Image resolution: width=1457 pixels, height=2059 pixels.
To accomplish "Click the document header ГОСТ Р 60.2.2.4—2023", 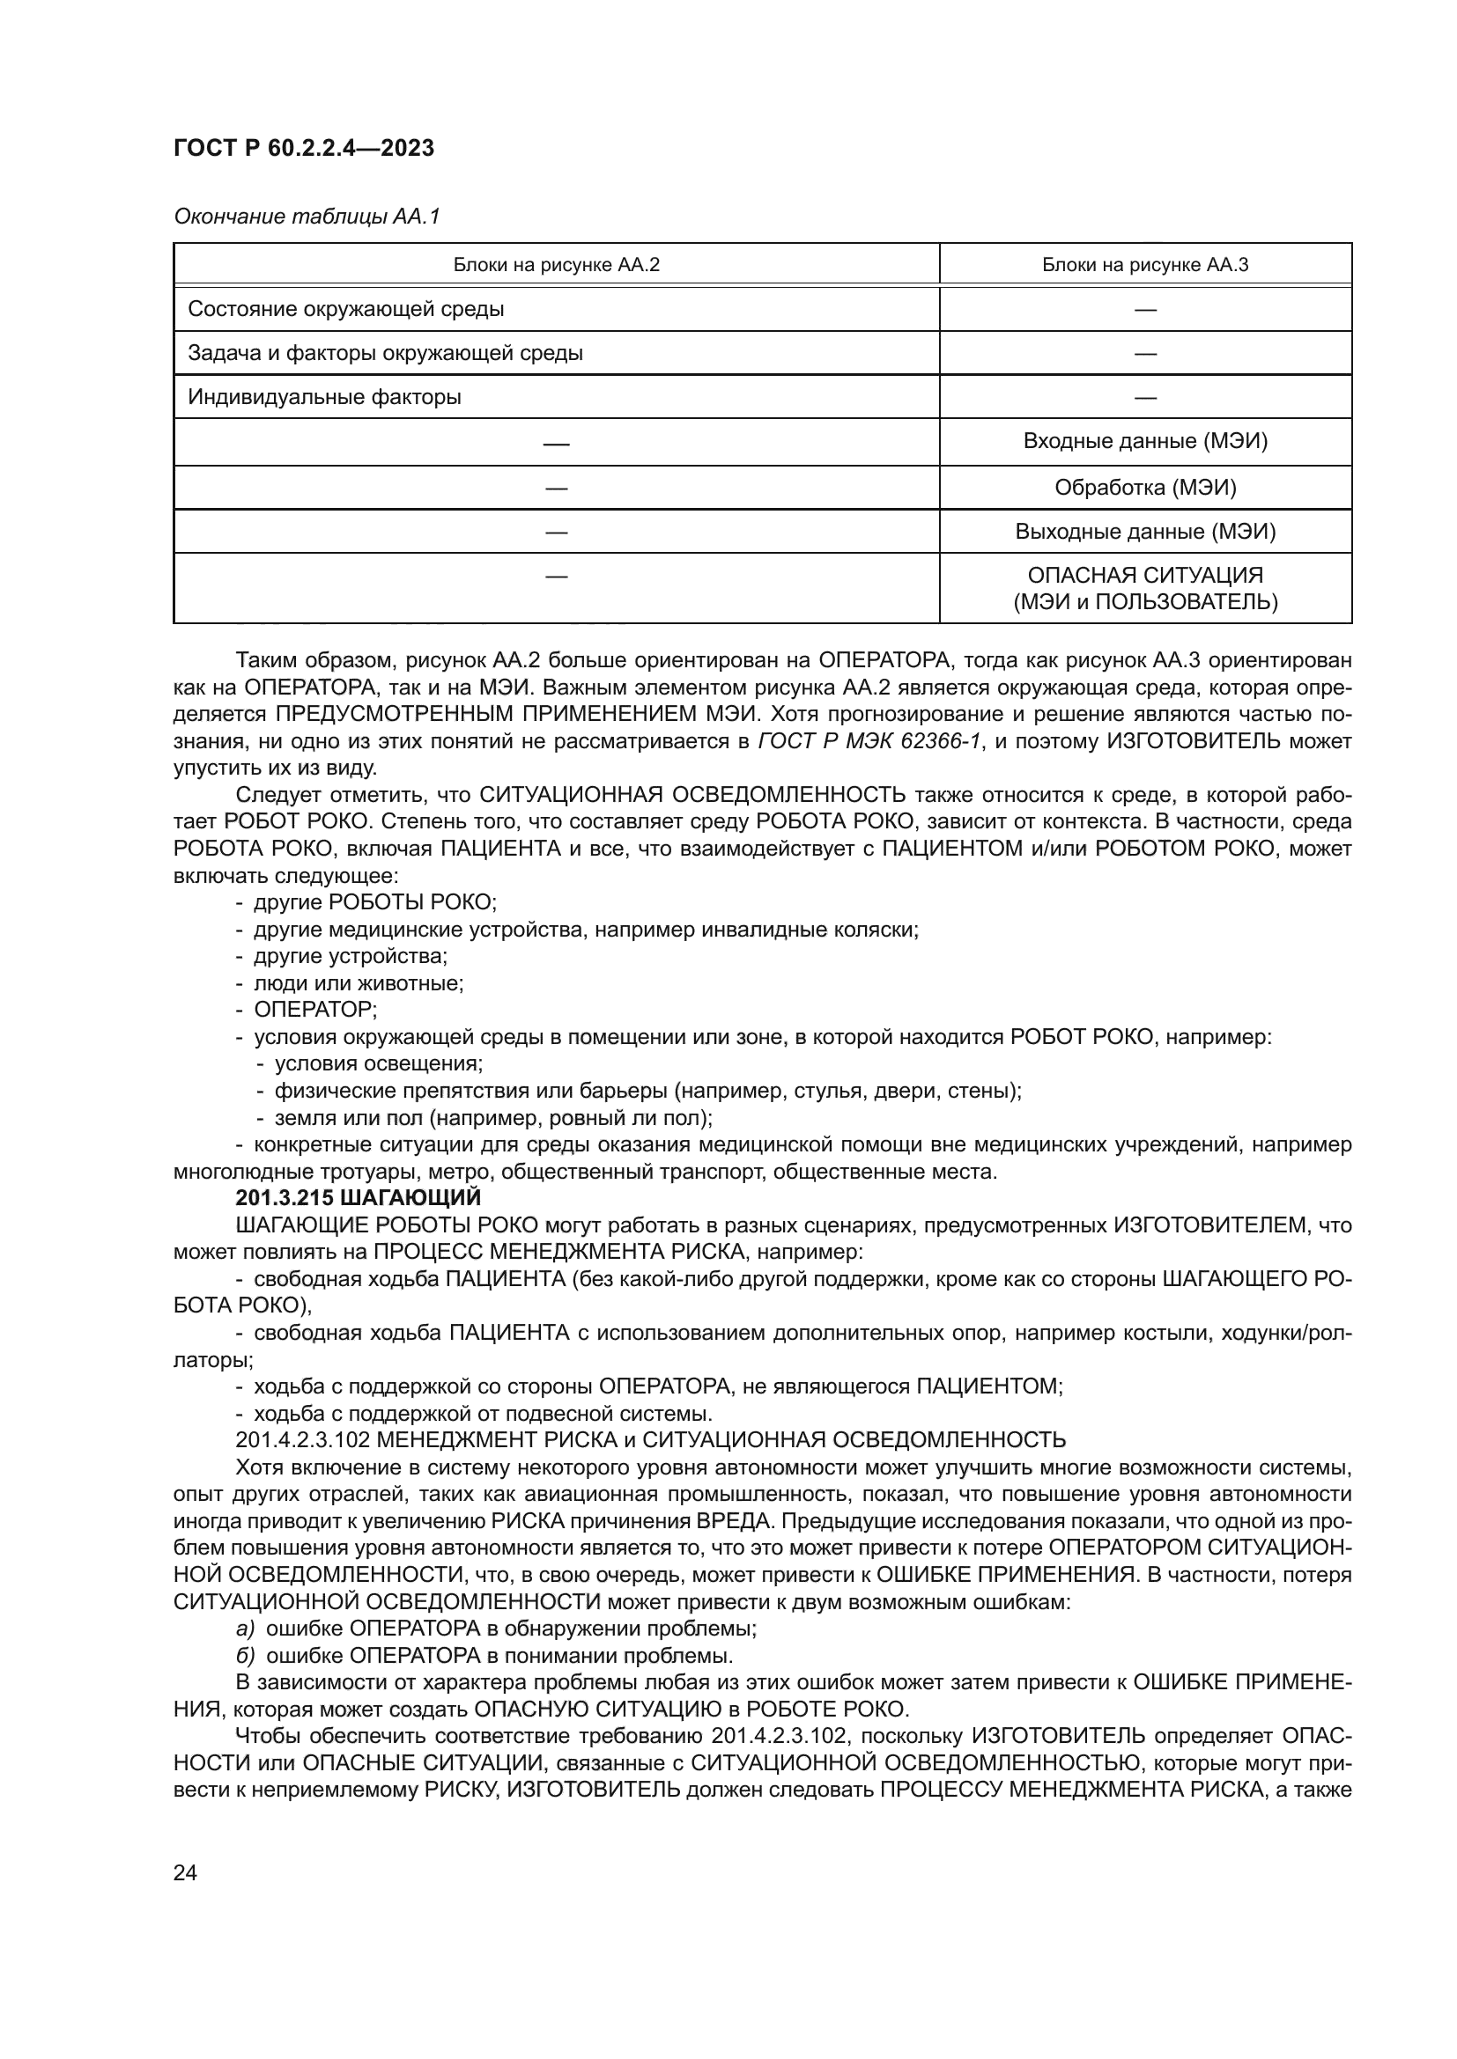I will coord(303,148).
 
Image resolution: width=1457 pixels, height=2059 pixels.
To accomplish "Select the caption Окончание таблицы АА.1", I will coord(306,217).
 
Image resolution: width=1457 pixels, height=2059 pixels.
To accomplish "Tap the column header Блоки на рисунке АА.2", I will coord(556,266).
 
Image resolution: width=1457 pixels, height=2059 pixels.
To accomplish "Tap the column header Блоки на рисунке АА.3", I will coord(1145,266).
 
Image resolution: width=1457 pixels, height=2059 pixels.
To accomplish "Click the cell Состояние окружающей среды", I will coord(345,310).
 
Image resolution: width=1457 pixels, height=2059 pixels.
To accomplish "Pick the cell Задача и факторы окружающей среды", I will coord(385,353).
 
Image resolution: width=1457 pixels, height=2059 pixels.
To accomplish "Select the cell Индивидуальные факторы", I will coord(324,397).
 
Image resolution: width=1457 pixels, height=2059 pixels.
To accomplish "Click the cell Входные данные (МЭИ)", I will coord(1145,441).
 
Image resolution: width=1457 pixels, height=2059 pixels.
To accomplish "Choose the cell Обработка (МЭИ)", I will coord(1145,488).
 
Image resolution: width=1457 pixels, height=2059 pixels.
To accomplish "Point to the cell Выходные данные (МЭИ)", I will coord(1145,532).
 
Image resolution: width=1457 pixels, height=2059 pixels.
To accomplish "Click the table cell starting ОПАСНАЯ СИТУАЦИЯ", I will coord(1145,588).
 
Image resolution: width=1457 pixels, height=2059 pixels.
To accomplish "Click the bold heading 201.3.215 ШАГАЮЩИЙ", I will coord(358,1198).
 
